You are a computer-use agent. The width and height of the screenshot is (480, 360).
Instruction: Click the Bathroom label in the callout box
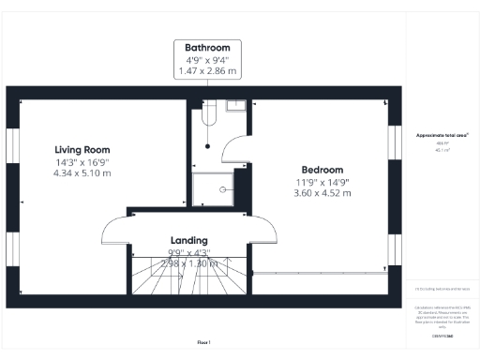pyautogui.click(x=207, y=47)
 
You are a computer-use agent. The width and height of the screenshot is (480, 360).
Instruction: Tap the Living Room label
pyautogui.click(x=82, y=149)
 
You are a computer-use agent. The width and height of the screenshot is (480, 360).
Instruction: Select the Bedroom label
pyautogui.click(x=321, y=170)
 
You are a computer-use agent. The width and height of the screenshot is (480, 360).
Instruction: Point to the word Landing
pyautogui.click(x=188, y=240)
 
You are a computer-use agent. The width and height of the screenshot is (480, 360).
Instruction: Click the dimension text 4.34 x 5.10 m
pyautogui.click(x=82, y=173)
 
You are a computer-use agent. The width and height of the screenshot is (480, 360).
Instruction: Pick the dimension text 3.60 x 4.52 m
pyautogui.click(x=321, y=194)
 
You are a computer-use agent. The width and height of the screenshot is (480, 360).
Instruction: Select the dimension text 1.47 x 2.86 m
pyautogui.click(x=207, y=71)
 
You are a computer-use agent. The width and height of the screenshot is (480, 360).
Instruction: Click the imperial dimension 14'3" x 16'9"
pyautogui.click(x=82, y=161)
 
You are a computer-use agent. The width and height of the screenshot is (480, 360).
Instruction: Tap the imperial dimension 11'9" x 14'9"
pyautogui.click(x=321, y=182)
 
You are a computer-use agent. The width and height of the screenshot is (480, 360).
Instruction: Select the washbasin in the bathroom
pyautogui.click(x=236, y=105)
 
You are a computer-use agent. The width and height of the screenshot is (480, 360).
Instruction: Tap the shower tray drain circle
pyautogui.click(x=223, y=188)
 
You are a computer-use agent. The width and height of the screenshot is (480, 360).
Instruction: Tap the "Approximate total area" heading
pyautogui.click(x=442, y=135)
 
